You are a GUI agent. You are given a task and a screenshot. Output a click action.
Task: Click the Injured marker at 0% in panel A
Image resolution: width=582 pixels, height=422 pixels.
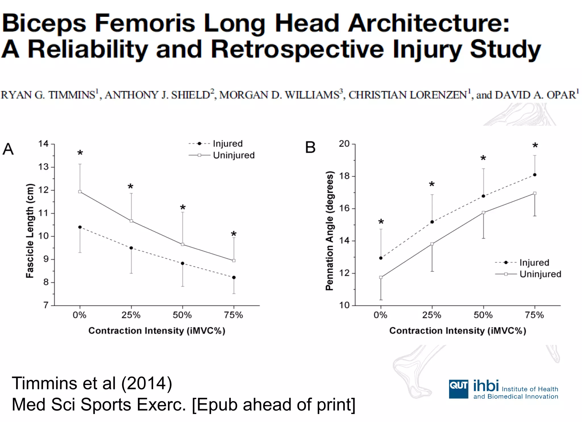[x=80, y=227]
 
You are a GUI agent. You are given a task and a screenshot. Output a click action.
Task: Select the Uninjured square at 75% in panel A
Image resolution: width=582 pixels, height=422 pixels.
[x=234, y=261]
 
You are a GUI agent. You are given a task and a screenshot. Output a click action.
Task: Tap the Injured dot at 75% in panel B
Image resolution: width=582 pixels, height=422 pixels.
[x=535, y=175]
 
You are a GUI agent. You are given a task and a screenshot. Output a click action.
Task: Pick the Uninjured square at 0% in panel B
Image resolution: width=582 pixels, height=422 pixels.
[x=381, y=277]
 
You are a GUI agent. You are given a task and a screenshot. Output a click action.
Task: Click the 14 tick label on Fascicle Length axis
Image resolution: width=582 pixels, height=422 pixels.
[x=43, y=144]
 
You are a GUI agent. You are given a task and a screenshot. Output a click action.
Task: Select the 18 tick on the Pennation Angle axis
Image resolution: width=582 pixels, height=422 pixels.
[x=344, y=176]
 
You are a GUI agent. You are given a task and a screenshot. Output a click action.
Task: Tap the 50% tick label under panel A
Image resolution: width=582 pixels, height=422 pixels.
[x=182, y=315]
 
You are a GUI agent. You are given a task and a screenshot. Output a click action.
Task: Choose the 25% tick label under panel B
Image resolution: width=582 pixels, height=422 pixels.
[x=432, y=315]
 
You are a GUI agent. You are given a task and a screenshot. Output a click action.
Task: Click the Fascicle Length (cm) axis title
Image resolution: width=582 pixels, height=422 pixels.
[x=30, y=231]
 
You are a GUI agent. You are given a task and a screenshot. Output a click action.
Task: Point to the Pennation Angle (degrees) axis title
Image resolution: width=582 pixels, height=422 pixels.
[x=329, y=231]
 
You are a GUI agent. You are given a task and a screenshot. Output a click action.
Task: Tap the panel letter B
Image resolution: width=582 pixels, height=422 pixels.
[x=310, y=148]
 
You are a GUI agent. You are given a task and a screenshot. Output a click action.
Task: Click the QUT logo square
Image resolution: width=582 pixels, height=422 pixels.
[x=458, y=389]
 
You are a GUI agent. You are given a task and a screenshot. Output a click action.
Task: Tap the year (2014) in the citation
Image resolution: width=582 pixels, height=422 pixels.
[x=147, y=383]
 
